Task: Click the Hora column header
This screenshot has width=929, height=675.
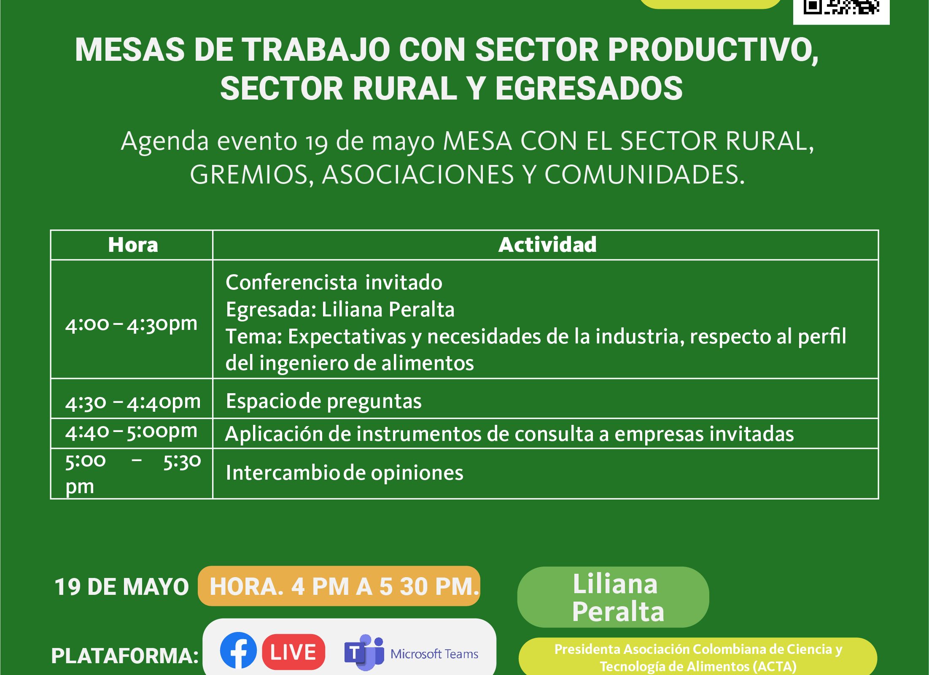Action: pyautogui.click(x=133, y=245)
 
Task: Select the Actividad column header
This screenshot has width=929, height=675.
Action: pyautogui.click(x=547, y=245)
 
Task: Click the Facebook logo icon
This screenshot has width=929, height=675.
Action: pyautogui.click(x=238, y=650)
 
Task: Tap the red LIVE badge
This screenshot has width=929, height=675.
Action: pyautogui.click(x=294, y=652)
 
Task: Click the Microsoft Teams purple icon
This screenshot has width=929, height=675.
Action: pyautogui.click(x=364, y=652)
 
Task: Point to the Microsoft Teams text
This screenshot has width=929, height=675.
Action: pyautogui.click(x=434, y=654)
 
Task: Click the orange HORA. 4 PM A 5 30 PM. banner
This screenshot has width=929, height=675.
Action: pyautogui.click(x=339, y=586)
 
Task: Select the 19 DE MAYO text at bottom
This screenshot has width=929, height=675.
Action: pyautogui.click(x=121, y=587)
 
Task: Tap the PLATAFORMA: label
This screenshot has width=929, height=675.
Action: pyautogui.click(x=125, y=656)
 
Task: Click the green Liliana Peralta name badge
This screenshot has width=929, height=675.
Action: pyautogui.click(x=613, y=597)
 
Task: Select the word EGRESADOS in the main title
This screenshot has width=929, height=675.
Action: pyautogui.click(x=589, y=88)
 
